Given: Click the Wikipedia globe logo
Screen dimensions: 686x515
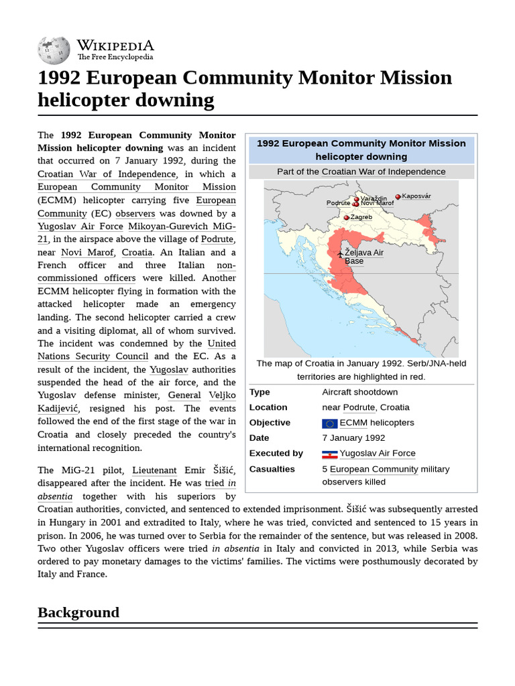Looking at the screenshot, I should [54, 50].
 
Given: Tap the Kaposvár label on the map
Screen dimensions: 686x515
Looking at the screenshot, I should [416, 196].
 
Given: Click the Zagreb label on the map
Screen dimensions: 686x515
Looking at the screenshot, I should [361, 217].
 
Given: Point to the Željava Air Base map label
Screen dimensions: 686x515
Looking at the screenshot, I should [363, 257].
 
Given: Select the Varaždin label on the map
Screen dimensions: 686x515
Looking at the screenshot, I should [374, 198].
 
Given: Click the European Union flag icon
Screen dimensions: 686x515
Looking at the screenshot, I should [329, 423].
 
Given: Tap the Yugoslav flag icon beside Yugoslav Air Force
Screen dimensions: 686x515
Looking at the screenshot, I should [329, 454].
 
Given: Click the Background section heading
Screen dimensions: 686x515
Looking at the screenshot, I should [78, 612].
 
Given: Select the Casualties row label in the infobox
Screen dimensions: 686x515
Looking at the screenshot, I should [272, 469].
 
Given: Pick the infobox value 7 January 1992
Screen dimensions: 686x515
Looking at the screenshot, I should [353, 438].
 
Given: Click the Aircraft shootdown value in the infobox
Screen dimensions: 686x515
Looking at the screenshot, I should [359, 392].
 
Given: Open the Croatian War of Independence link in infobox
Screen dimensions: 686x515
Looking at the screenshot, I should [384, 171].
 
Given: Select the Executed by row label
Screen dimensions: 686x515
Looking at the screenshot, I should [276, 454].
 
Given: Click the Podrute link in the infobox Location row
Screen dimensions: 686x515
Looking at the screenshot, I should [359, 407].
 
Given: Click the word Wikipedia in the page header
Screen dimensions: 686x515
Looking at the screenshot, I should [115, 46].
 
